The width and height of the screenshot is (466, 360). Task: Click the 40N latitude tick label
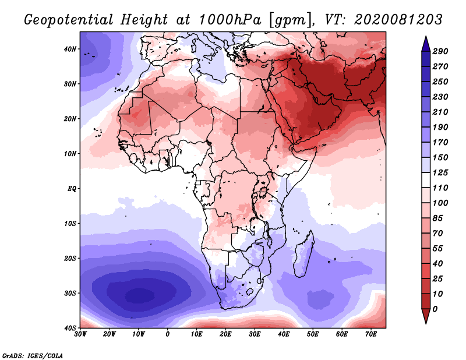click(x=70, y=49)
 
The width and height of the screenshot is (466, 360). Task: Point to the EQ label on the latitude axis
click(x=72, y=189)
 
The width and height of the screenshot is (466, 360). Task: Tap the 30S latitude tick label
click(x=70, y=293)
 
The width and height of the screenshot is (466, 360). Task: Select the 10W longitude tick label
click(x=138, y=334)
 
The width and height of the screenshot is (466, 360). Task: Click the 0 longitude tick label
click(x=168, y=334)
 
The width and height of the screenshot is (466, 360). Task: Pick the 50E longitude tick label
click(x=313, y=334)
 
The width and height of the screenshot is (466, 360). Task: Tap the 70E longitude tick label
click(x=371, y=334)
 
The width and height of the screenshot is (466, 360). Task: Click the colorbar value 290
click(x=440, y=51)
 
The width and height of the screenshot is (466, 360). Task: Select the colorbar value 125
click(x=440, y=172)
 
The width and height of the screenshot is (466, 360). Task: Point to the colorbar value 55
click(x=438, y=249)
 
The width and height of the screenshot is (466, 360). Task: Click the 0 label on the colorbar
click(x=435, y=309)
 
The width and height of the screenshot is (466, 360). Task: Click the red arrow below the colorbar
click(x=426, y=316)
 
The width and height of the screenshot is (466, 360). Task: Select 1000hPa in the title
click(x=230, y=20)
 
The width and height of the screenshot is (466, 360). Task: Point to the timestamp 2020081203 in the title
click(x=398, y=20)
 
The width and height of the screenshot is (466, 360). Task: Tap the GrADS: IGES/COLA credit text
click(x=33, y=355)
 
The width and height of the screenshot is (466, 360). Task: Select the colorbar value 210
click(x=440, y=112)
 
